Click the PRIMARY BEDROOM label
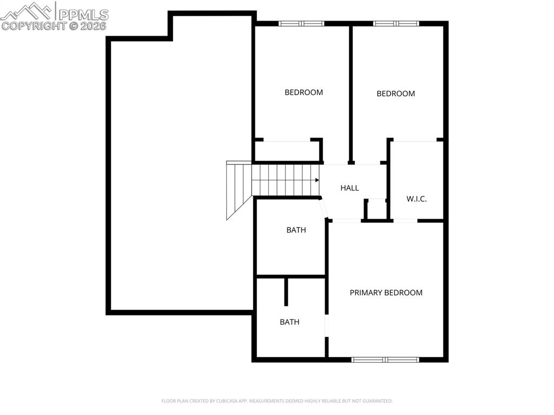point(386,293)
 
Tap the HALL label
point(349,188)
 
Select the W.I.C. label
point(417,199)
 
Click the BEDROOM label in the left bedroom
point(304,93)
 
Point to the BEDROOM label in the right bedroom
point(395,94)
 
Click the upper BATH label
point(296,230)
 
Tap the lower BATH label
point(289,322)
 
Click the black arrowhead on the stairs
point(316,181)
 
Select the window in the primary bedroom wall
point(385,359)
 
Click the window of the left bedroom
point(301,23)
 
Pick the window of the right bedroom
point(395,23)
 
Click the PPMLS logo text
point(83,15)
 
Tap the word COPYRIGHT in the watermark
point(34,25)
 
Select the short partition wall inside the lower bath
point(286,292)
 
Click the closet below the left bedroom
point(287,151)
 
